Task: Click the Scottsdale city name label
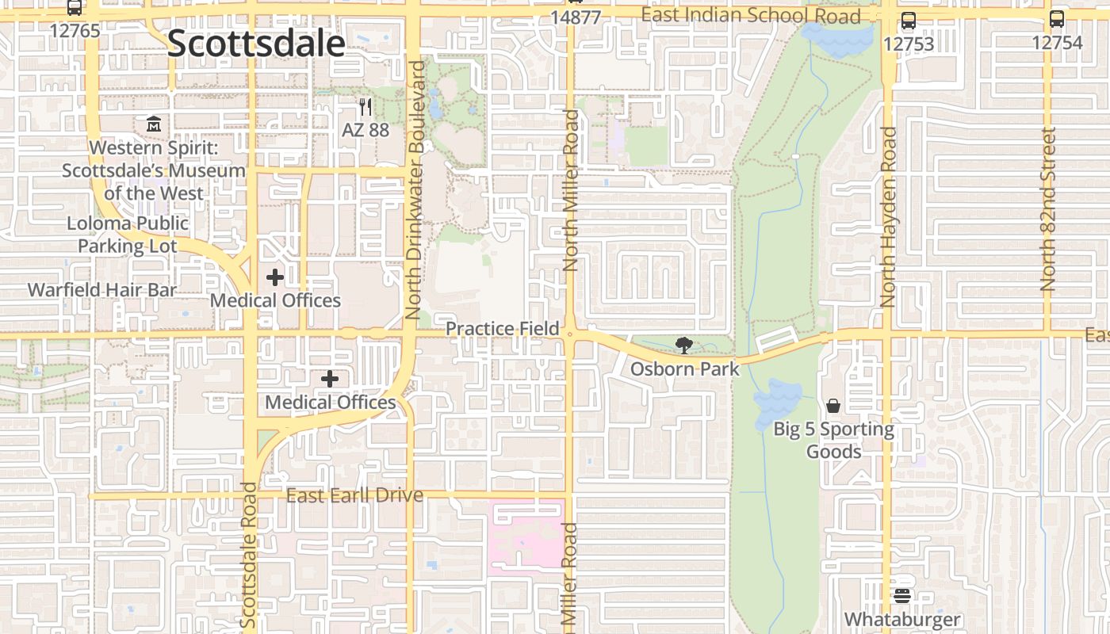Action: coord(256,44)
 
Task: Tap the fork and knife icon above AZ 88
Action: coord(365,107)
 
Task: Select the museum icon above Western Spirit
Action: coord(154,125)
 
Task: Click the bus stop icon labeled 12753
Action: coord(909,21)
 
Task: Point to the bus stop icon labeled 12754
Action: coord(1057,19)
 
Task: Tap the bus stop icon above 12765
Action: coord(75,8)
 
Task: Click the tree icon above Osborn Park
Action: coord(683,346)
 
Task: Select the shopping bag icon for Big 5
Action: coord(833,407)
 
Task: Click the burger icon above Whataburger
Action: coord(902,596)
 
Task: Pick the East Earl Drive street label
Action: coord(354,496)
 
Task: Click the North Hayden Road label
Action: coord(889,217)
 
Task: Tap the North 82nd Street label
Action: coord(1049,209)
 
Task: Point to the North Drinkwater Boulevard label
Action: coord(415,190)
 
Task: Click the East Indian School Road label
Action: coord(750,15)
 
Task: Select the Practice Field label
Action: coord(502,328)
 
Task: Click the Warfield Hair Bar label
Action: coord(102,290)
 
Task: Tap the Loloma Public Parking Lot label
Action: coord(128,235)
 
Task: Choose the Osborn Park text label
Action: coord(684,369)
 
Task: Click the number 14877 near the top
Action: coord(576,17)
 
